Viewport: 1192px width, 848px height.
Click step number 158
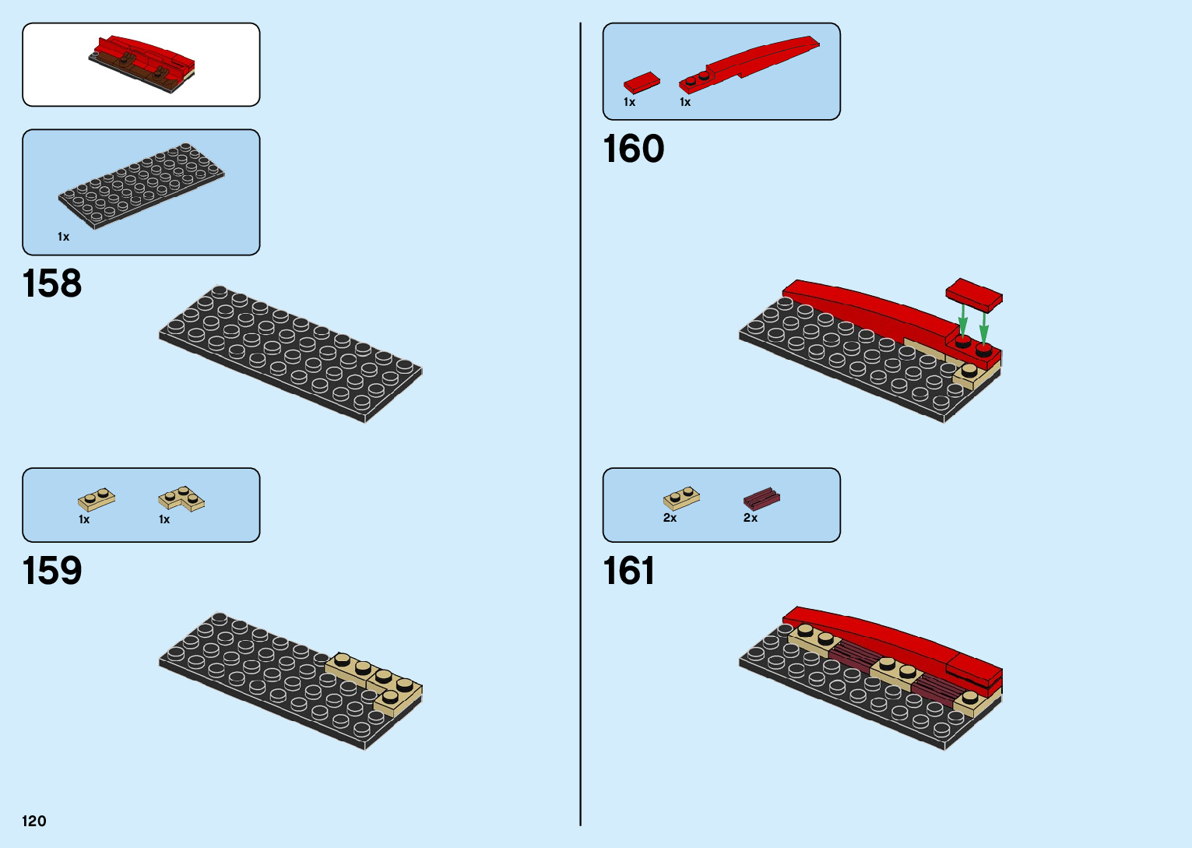coord(52,283)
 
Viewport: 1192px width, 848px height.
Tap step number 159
coord(52,571)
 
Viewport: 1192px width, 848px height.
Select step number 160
coord(633,149)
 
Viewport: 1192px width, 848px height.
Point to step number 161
coord(628,571)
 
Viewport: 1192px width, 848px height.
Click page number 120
coord(34,821)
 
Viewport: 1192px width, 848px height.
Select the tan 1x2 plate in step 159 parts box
coord(97,499)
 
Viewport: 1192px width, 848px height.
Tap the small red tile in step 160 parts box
coord(642,82)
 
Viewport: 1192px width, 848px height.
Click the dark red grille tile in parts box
coord(761,498)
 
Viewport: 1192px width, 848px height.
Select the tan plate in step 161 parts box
coord(681,498)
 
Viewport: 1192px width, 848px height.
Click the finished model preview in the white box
coord(142,61)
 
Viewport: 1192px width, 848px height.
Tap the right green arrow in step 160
coord(984,325)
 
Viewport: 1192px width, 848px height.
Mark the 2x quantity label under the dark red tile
coord(751,518)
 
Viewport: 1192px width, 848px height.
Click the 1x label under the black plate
coord(64,237)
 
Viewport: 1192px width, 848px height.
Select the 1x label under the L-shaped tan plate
coord(164,519)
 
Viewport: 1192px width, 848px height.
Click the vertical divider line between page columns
coord(580,424)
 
